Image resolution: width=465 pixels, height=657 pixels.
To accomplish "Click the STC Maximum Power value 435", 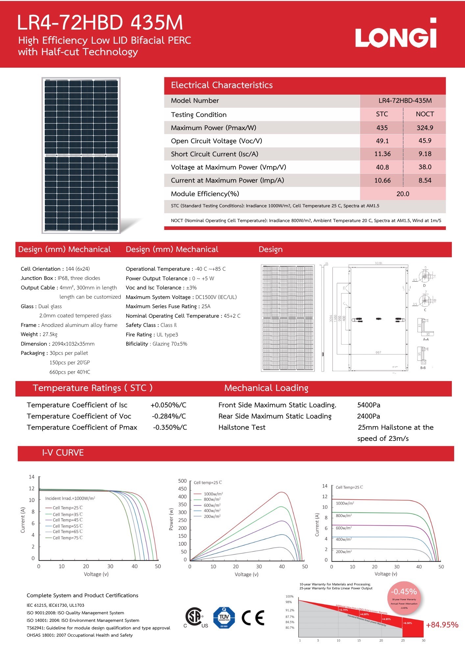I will tap(382, 128).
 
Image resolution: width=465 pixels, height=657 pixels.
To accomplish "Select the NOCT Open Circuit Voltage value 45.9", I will tap(425, 141).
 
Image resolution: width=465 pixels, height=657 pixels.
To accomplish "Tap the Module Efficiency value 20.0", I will tap(403, 194).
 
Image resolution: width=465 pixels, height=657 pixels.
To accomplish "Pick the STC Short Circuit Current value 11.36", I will tap(382, 154).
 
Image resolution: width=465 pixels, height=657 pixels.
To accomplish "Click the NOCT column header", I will tap(425, 114).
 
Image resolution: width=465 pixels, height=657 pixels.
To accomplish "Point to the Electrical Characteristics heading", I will tap(222, 85).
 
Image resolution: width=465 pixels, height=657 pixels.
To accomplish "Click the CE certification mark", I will tap(253, 618).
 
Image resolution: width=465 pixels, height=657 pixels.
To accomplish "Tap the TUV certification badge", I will tap(224, 618).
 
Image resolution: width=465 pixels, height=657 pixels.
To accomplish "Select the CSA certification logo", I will tap(195, 618).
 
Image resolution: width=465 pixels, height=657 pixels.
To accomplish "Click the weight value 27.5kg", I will tap(50, 334).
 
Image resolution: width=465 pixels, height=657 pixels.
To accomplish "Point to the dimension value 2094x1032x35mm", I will tap(73, 344).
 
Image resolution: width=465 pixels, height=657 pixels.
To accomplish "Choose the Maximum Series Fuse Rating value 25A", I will tap(206, 306).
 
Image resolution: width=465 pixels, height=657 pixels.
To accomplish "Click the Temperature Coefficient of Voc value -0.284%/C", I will tap(169, 416).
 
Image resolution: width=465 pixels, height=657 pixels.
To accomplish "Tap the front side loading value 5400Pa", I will tap(369, 405).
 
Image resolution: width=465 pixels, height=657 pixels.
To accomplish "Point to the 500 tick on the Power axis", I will tap(182, 481).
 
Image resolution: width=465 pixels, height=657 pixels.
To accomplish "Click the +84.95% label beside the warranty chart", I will tap(442, 625).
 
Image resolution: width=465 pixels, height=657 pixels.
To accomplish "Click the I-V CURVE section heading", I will tap(63, 453).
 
